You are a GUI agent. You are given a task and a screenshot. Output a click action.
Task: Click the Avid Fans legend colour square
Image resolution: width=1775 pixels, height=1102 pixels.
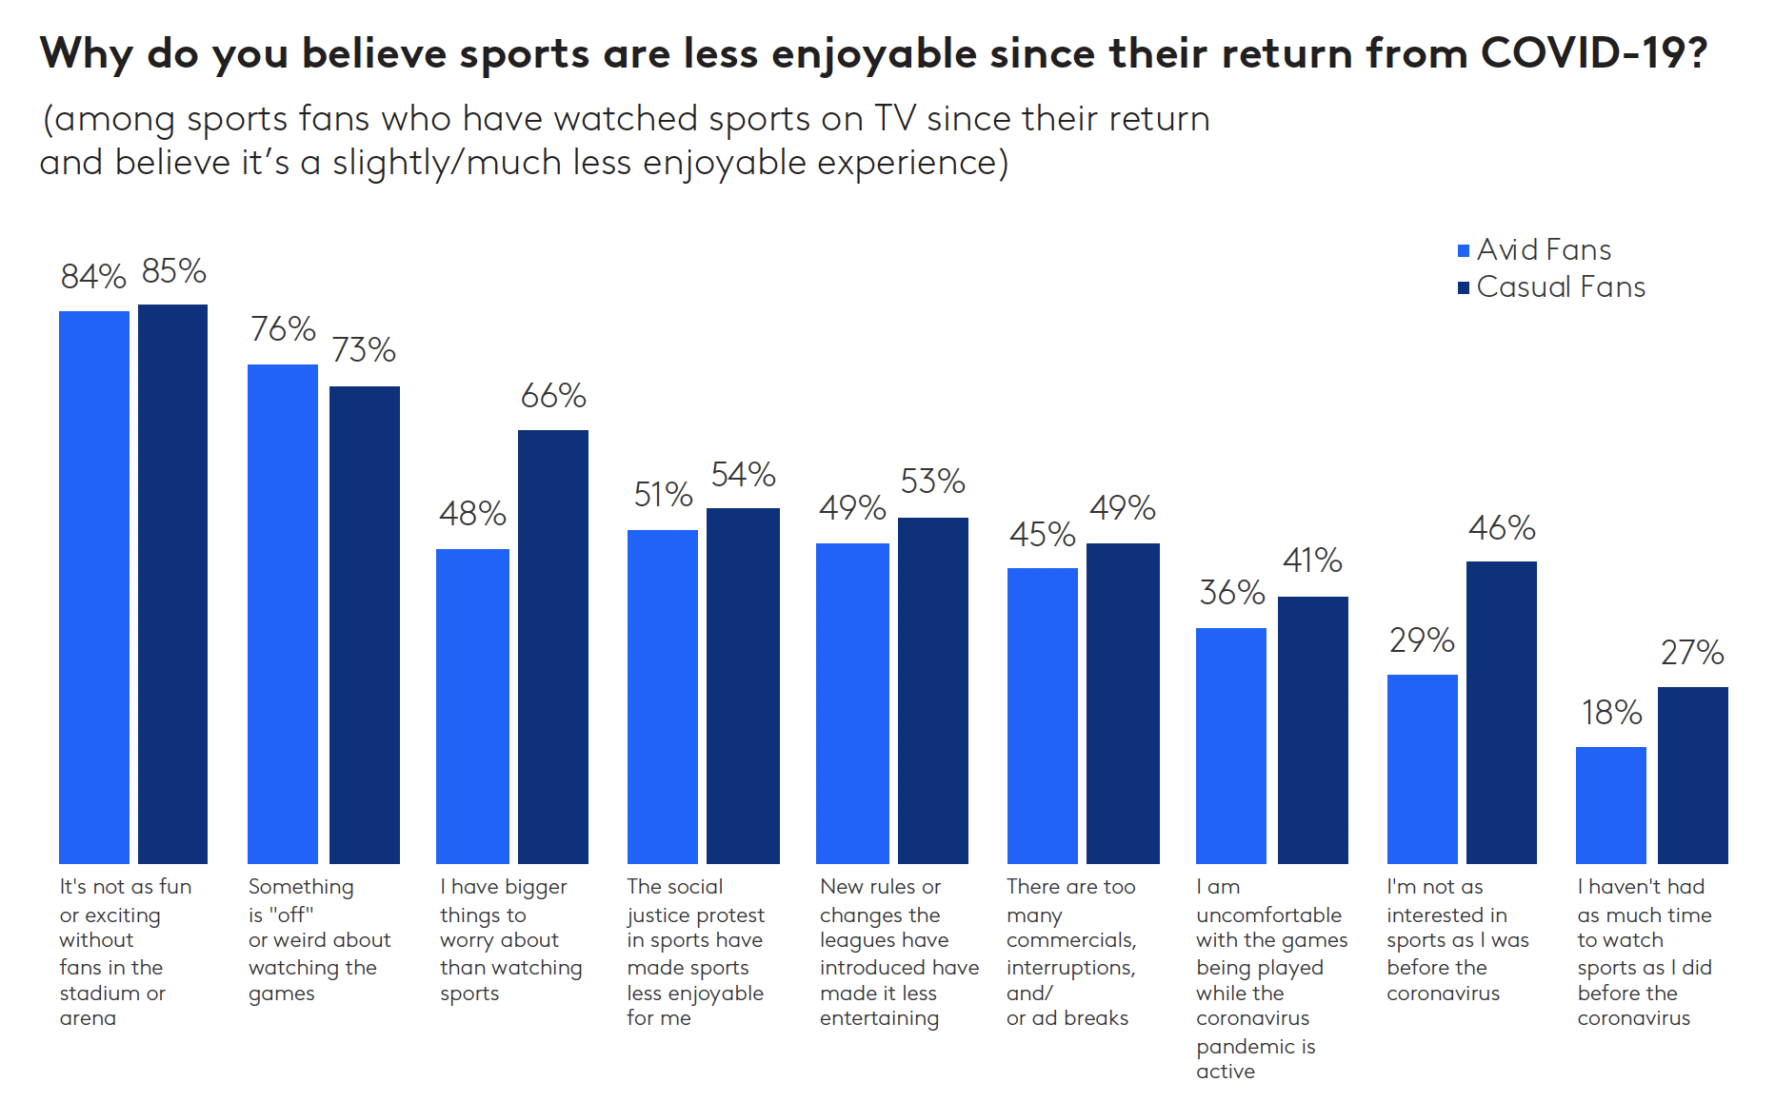tap(1464, 251)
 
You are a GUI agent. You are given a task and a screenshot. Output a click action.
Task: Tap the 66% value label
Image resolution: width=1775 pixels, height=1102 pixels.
tap(553, 396)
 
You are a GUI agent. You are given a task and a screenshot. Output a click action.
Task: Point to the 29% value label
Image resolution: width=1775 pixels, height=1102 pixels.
tap(1422, 640)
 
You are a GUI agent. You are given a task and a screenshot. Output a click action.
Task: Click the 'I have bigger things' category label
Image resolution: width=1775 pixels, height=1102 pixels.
tap(510, 940)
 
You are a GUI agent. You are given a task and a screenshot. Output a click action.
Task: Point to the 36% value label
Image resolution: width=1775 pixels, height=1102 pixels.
tap(1232, 593)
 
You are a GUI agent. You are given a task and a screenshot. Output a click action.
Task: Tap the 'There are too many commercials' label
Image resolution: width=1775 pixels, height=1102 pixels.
tap(1070, 953)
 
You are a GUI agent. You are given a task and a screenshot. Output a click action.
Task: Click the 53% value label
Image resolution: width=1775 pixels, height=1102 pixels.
tap(932, 482)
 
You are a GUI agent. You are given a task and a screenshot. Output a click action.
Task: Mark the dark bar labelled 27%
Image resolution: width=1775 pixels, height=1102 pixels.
tap(1692, 775)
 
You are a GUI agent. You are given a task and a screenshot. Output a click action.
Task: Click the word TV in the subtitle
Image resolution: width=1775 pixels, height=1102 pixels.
tap(895, 120)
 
